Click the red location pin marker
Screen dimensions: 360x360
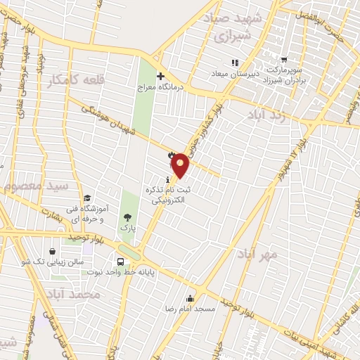click(x=181, y=165)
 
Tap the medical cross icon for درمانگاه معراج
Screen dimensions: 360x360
click(x=160, y=76)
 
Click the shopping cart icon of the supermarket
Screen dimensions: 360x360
click(x=283, y=60)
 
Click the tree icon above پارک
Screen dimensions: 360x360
click(x=127, y=217)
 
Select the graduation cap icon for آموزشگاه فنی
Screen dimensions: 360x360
click(x=87, y=198)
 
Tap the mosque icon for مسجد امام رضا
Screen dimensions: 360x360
click(x=190, y=298)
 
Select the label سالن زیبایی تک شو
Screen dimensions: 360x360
click(x=44, y=262)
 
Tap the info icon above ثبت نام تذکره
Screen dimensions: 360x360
click(x=167, y=180)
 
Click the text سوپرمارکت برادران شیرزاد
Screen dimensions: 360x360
click(x=285, y=77)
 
